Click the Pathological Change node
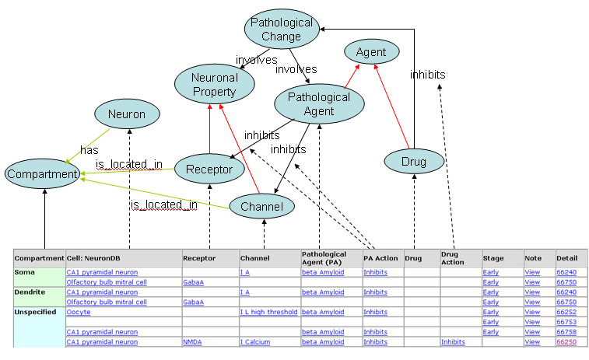coord(281,29)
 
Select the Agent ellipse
coord(371,53)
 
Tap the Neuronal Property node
coord(214,84)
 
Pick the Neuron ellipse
coord(126,114)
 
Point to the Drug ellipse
coord(414,161)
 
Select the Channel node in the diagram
coord(261,206)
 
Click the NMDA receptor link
coord(192,342)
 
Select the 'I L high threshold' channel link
coord(268,312)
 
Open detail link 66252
coord(566,312)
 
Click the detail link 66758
coord(566,332)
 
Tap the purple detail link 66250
coord(566,342)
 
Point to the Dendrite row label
coord(30,292)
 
